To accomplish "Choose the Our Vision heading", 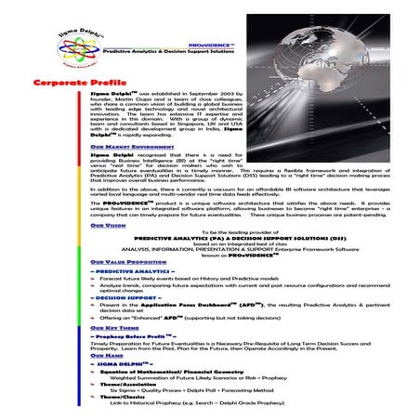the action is tap(110, 226).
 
